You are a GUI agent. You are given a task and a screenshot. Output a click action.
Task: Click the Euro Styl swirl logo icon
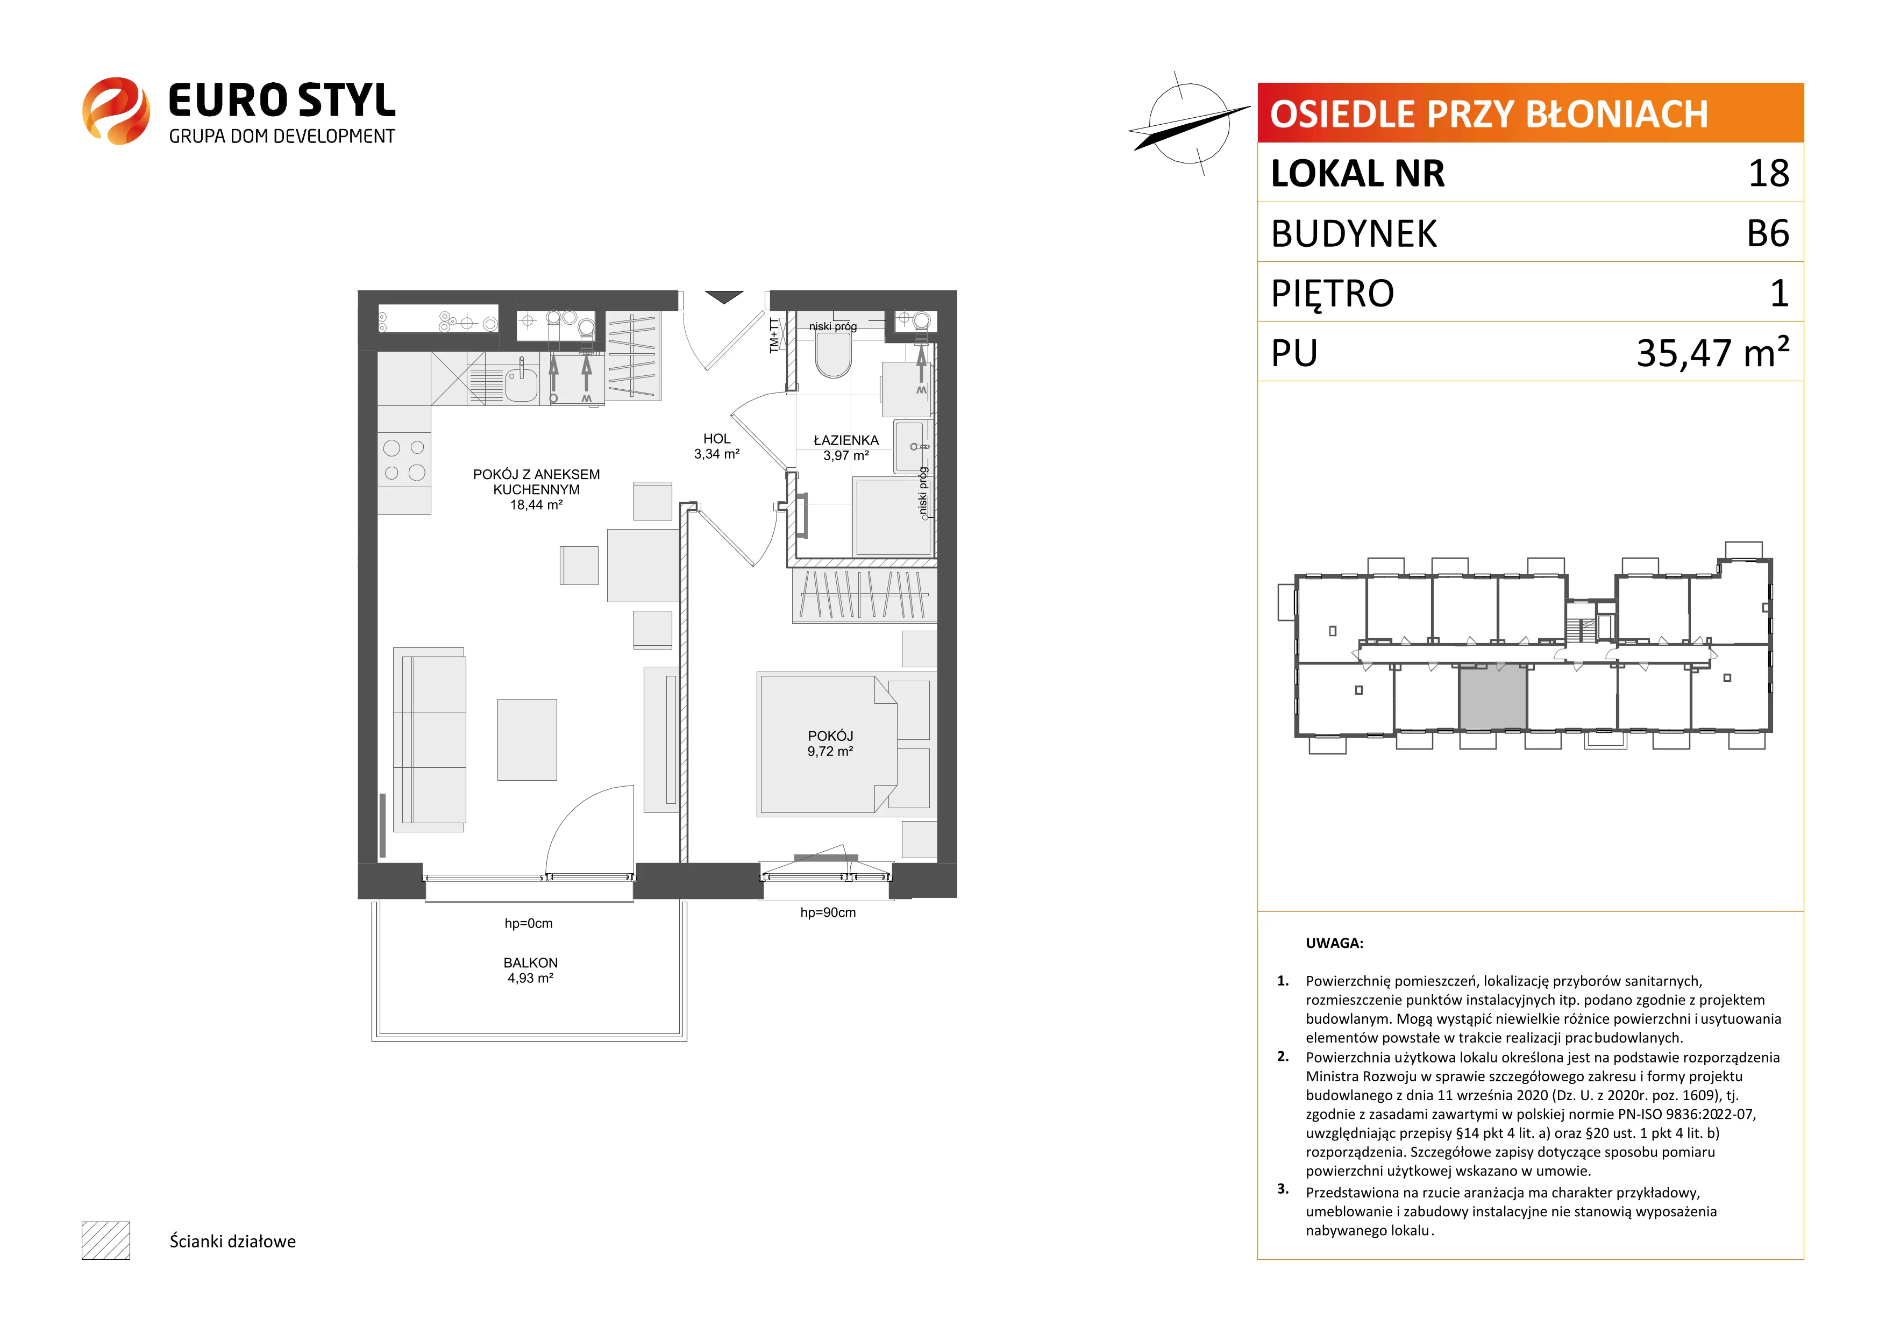tap(116, 111)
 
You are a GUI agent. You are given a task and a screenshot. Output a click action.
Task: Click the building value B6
tap(1768, 233)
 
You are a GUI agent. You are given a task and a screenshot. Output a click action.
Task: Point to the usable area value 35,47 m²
tap(1713, 352)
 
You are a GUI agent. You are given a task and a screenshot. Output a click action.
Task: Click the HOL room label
tap(716, 439)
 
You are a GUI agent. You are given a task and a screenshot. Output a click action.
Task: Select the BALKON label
tap(531, 962)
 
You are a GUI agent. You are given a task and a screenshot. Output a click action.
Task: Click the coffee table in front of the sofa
tap(526, 739)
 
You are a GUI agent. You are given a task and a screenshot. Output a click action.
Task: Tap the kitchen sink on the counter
tap(521, 383)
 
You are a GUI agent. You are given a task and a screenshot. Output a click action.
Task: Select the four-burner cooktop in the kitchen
tap(404, 460)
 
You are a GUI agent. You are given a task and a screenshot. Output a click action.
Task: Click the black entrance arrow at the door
tap(724, 297)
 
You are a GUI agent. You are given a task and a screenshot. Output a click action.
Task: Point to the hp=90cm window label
tap(828, 912)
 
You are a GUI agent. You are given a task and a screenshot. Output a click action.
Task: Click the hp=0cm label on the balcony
tap(528, 923)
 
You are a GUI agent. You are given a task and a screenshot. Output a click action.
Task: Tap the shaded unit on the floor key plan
tap(1492, 697)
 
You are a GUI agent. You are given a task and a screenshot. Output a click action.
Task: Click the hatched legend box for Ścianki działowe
tap(106, 1240)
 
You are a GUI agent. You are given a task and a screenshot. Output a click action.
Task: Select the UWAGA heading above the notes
tap(1334, 943)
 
